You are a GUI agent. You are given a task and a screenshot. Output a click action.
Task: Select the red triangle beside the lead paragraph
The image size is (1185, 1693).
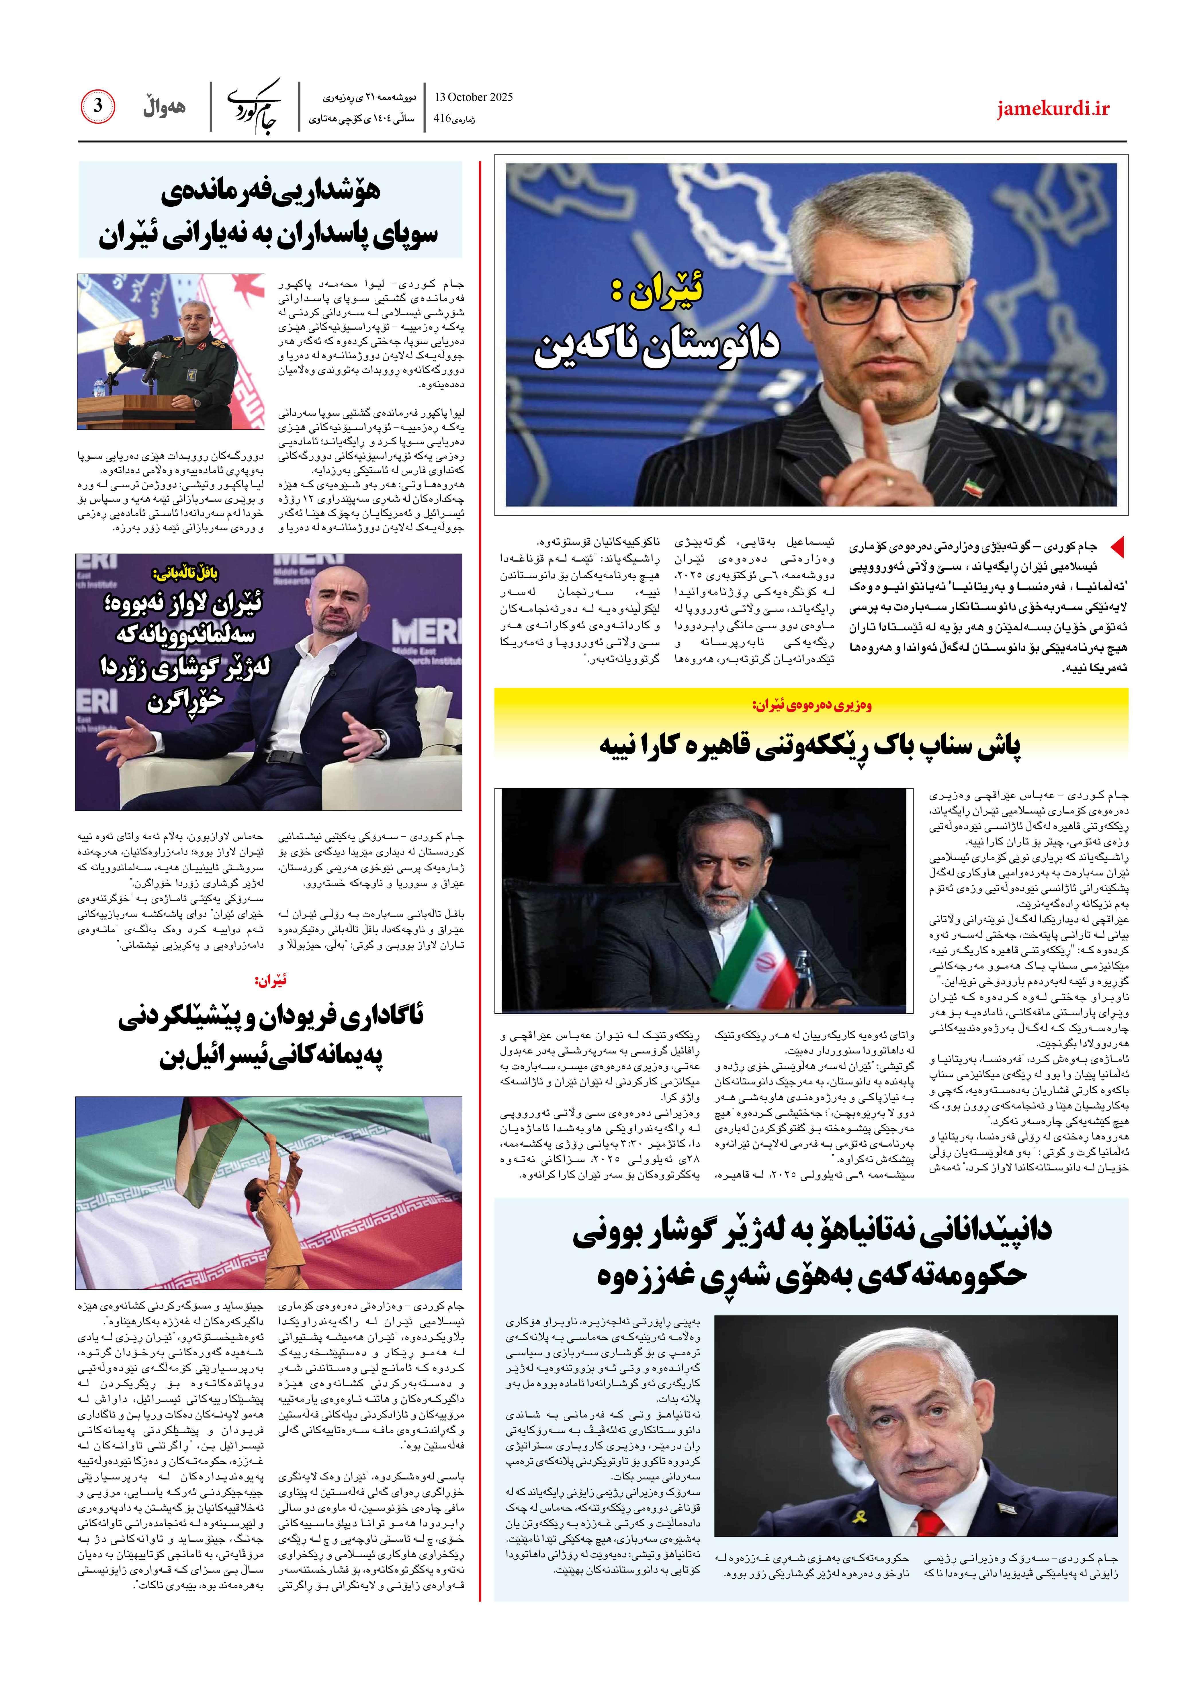(x=1117, y=546)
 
